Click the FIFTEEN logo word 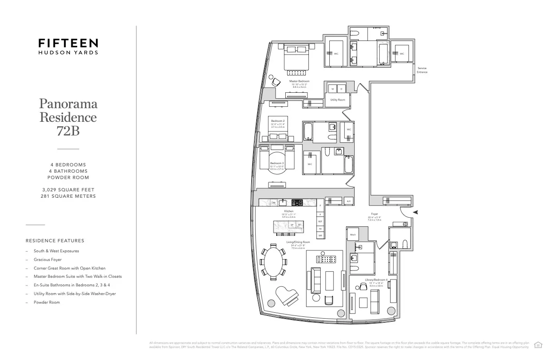68,43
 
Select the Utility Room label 338,100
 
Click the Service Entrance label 422,70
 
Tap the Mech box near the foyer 352,235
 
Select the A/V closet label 349,201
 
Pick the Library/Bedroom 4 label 376,280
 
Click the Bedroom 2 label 278,121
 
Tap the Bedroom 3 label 277,163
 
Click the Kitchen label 289,211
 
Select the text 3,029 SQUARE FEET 68,189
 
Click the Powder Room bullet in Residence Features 46,302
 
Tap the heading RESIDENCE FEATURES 55,240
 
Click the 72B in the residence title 68,131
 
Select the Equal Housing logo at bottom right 539,344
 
